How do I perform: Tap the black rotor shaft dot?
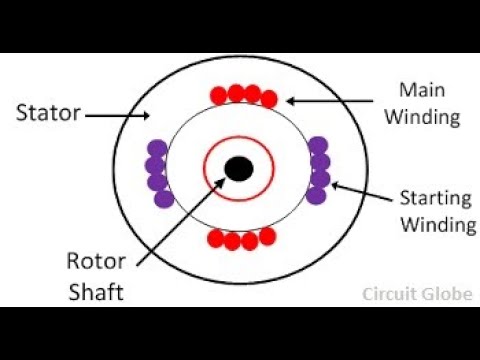[x=238, y=168]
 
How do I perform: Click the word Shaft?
[x=96, y=292]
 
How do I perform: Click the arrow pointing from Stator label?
[x=113, y=115]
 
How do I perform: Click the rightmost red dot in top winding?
[x=268, y=98]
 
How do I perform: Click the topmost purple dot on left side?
[x=156, y=149]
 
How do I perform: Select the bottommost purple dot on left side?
[x=164, y=198]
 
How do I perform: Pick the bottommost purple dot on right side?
[x=316, y=195]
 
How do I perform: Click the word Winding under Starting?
[x=438, y=224]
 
